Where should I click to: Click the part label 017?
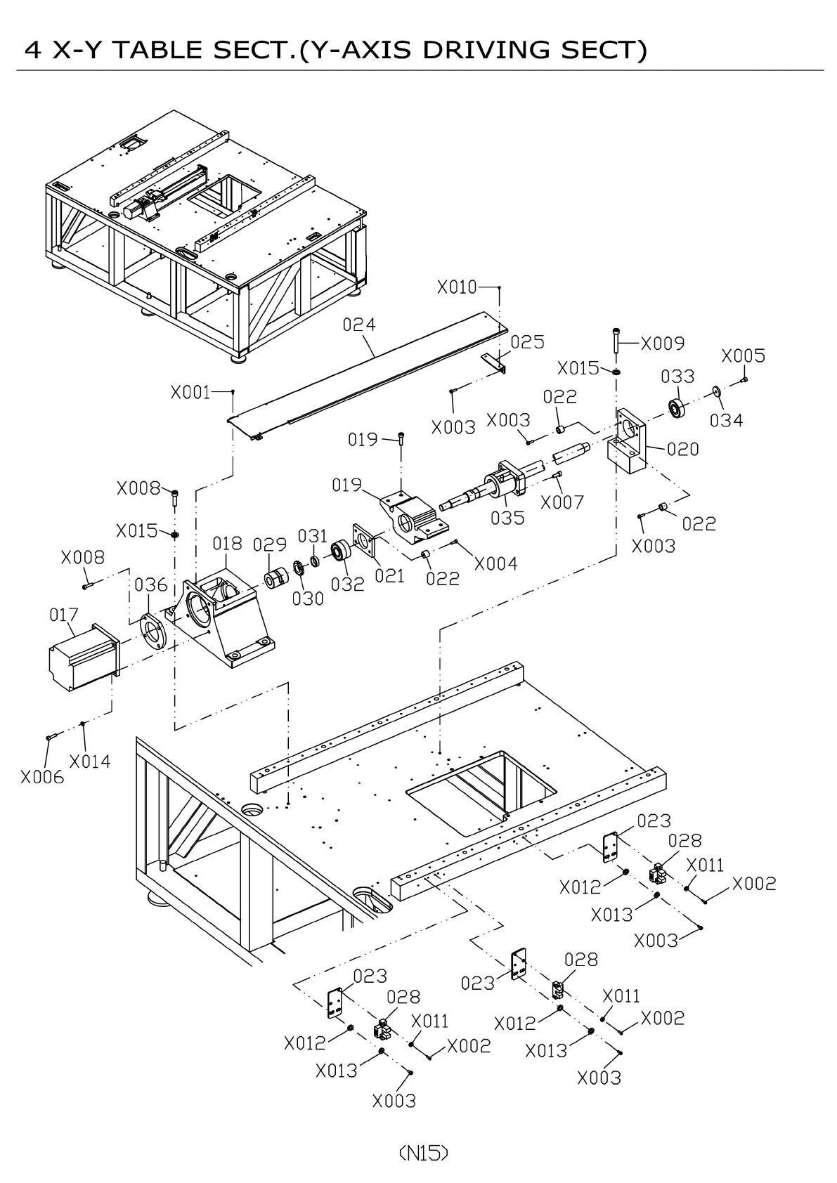tap(63, 615)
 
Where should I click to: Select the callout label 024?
tap(359, 324)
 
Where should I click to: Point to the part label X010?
tap(457, 287)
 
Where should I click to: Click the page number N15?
tap(422, 1152)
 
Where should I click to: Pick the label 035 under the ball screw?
tap(507, 518)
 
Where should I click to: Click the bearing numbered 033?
tap(676, 408)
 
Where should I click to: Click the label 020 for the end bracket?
tap(682, 449)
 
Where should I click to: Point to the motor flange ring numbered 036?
tap(152, 631)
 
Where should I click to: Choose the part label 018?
tap(227, 543)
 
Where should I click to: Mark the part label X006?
tap(42, 777)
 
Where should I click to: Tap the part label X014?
tap(90, 761)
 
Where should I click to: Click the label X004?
tap(495, 563)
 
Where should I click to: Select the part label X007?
tap(562, 502)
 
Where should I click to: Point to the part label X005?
tap(743, 355)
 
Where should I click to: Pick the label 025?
tap(527, 341)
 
